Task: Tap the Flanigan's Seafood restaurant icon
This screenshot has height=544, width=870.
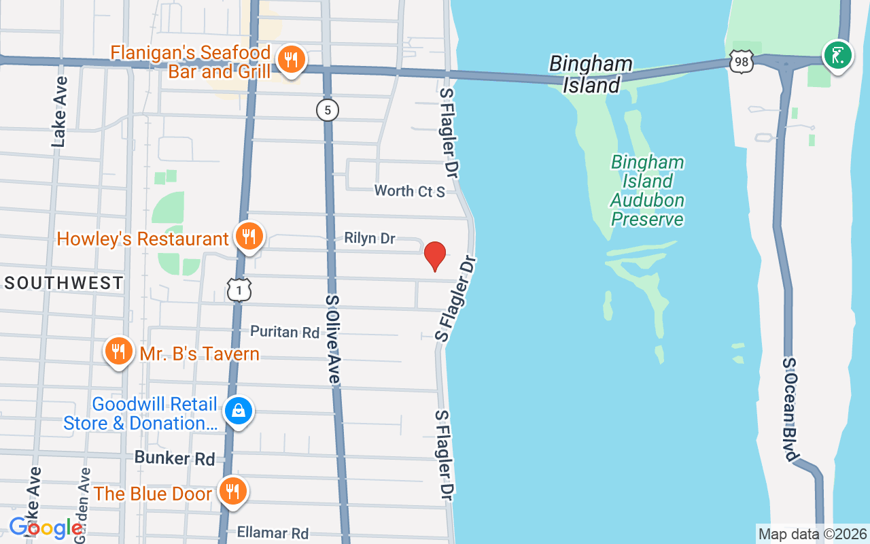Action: (291, 60)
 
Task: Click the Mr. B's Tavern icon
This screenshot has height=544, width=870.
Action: (119, 352)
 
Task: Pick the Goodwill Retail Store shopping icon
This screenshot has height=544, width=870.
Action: (239, 411)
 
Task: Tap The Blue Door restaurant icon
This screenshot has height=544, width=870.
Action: (233, 491)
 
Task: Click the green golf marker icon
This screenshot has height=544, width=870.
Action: (837, 55)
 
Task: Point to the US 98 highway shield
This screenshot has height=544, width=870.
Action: (742, 62)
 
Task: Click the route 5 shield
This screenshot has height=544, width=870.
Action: (328, 109)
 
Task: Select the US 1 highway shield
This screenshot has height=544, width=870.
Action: (239, 290)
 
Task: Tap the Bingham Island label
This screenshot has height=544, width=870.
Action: (591, 74)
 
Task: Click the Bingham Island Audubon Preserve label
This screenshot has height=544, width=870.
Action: (647, 190)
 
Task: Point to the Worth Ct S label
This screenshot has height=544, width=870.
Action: (410, 191)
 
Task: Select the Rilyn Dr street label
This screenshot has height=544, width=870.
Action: (370, 238)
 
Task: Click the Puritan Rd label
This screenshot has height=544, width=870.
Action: (285, 332)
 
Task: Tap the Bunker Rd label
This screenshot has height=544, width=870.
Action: (175, 458)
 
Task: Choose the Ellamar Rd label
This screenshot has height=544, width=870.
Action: (273, 533)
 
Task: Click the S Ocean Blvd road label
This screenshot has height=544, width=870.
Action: (789, 410)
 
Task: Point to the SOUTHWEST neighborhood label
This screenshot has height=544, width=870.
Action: (64, 283)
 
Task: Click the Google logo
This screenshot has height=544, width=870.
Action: (46, 527)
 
